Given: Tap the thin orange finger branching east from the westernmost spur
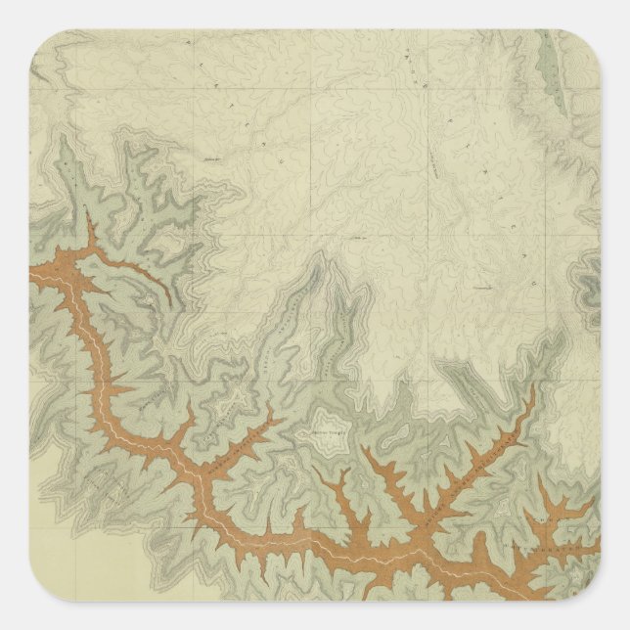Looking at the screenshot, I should (x=147, y=279).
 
